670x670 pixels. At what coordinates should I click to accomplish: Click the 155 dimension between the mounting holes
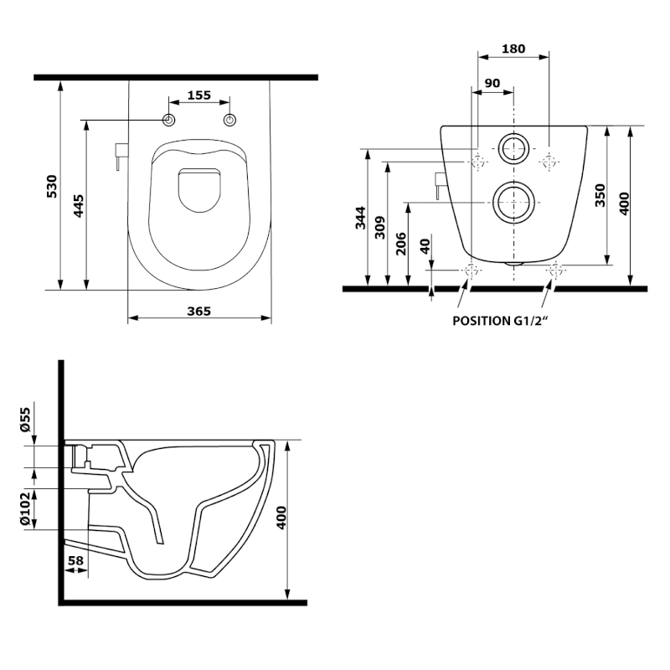198,95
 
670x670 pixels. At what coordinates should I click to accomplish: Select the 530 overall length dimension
51,185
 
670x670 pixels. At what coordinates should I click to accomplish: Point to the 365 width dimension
198,311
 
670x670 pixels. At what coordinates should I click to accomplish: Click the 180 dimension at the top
513,49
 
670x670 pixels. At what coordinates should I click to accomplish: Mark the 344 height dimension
359,220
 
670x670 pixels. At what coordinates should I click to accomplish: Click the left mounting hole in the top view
170,121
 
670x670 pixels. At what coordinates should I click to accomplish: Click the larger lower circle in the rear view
512,202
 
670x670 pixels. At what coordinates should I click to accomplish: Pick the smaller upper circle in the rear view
513,149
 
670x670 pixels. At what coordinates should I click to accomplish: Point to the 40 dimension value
425,247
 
